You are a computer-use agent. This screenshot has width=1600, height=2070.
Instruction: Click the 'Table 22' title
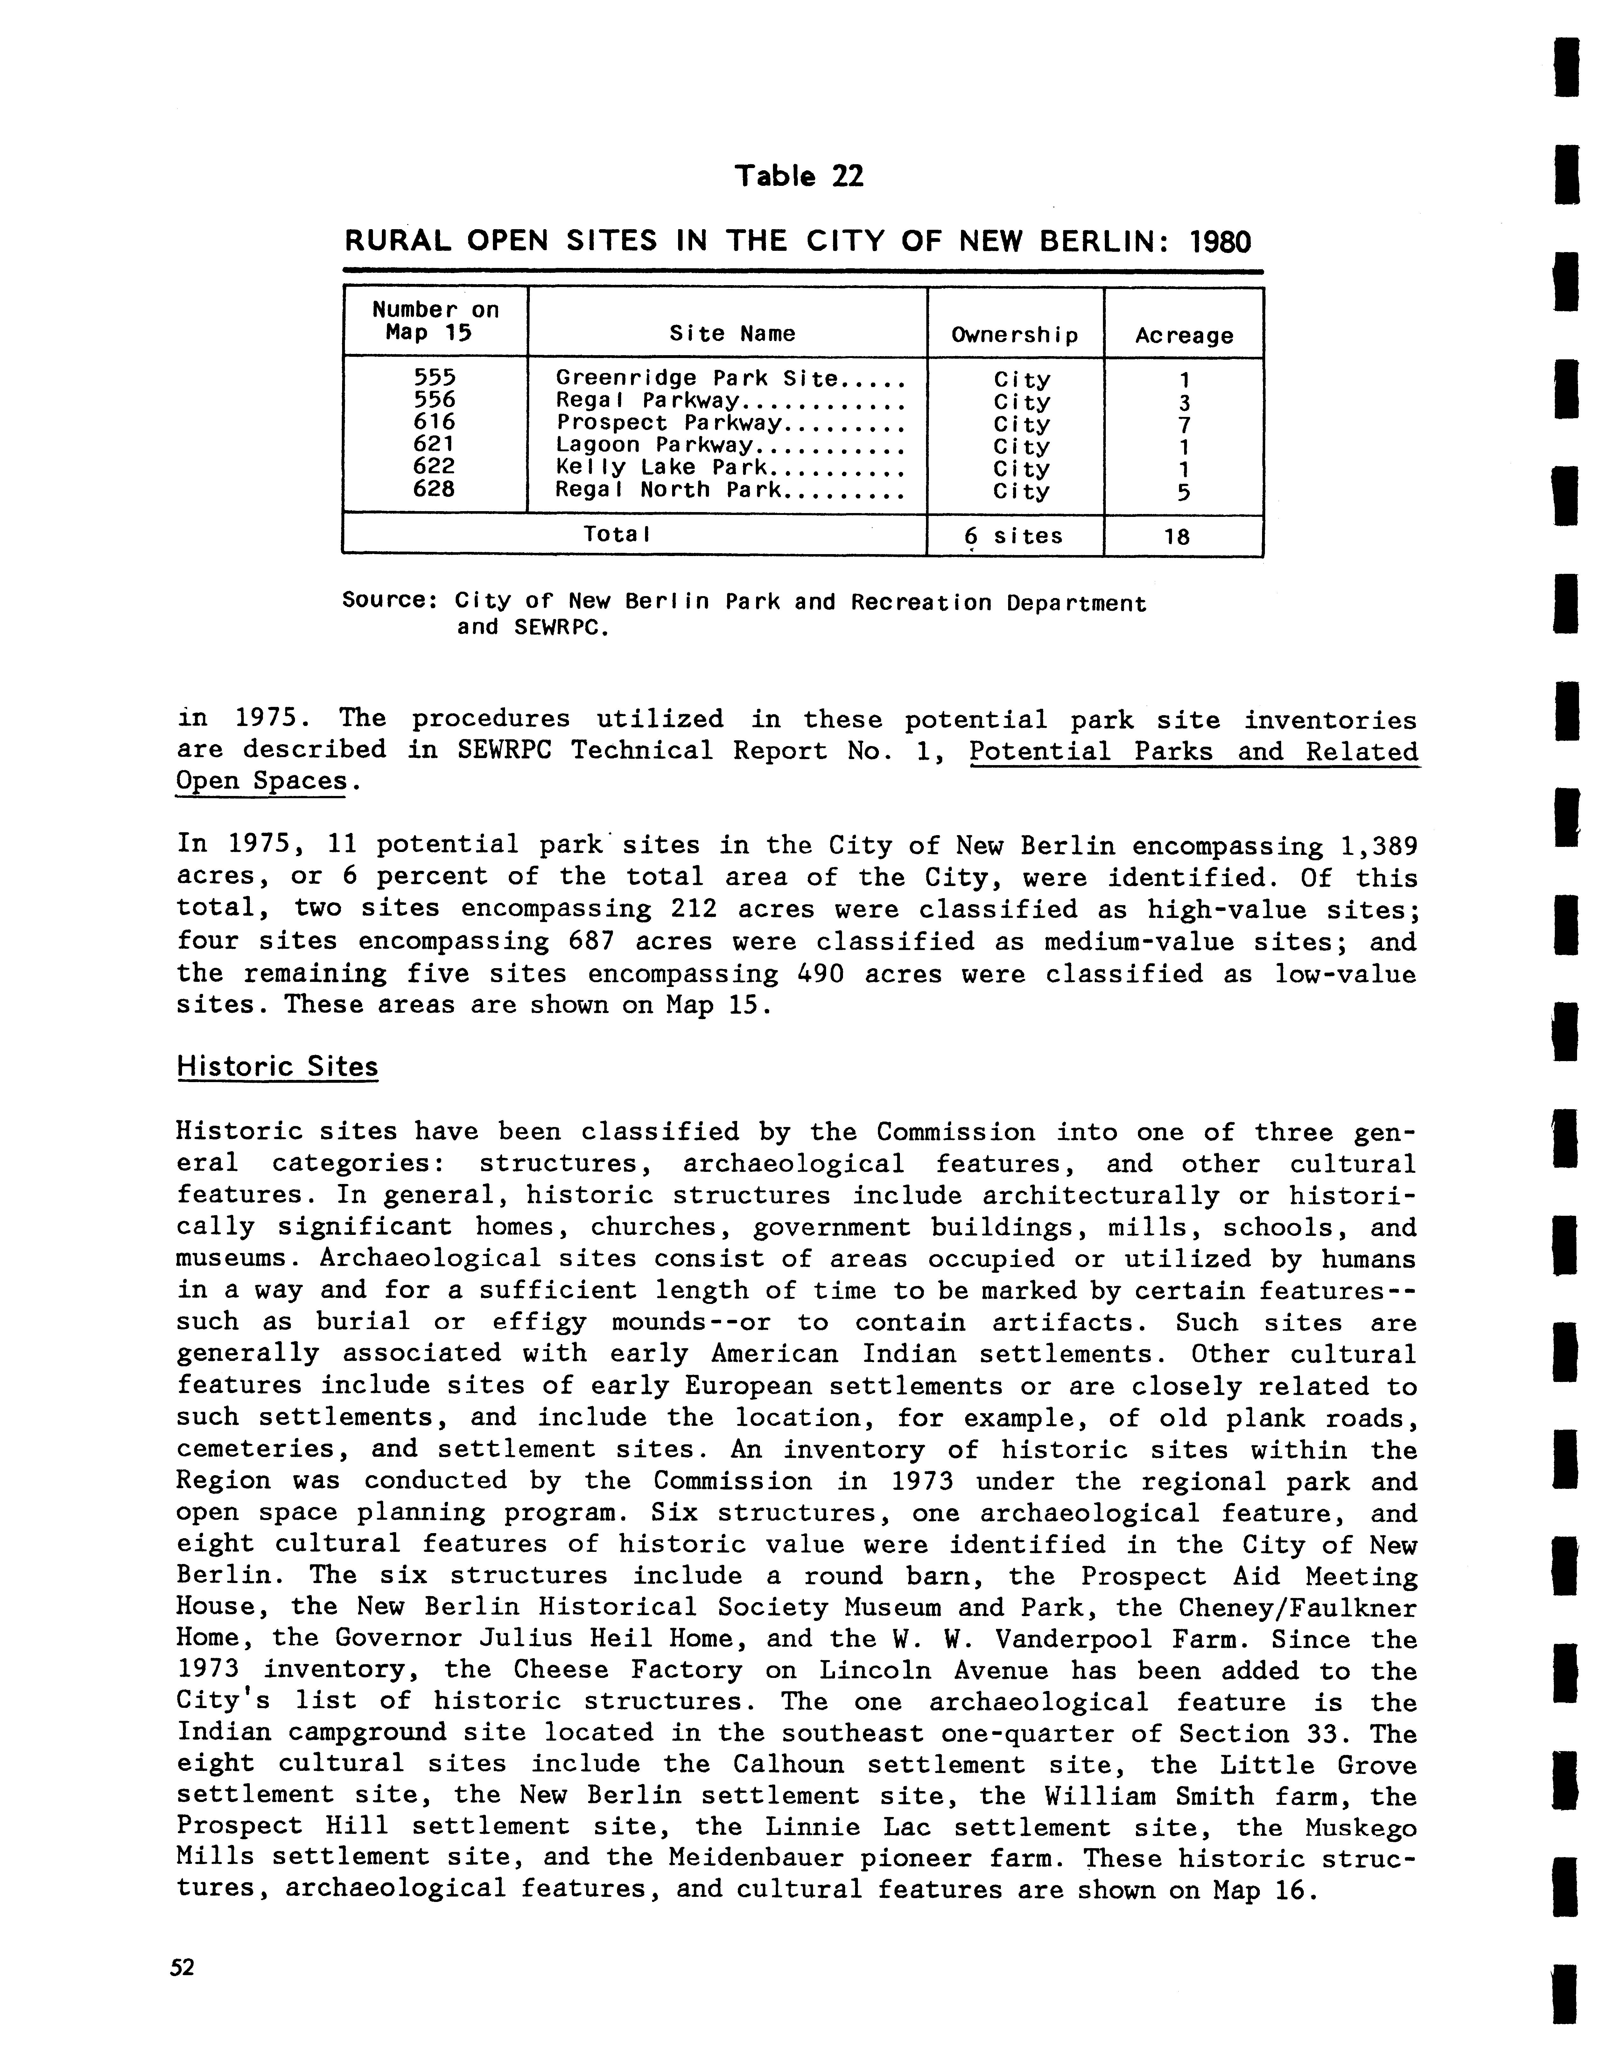799,176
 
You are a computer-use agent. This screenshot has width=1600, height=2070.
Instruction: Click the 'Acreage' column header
1184,335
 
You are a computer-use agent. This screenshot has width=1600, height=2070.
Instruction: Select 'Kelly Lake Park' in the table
661,468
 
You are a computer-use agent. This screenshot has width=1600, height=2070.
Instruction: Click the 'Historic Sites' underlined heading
277,1066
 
